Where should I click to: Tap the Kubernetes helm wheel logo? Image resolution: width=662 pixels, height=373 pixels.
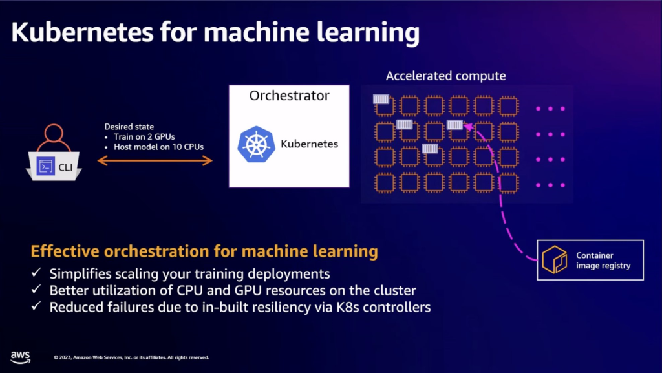pyautogui.click(x=256, y=144)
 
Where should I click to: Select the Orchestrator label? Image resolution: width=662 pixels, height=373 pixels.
pyautogui.click(x=289, y=96)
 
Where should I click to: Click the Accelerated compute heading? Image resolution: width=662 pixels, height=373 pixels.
pyautogui.click(x=445, y=76)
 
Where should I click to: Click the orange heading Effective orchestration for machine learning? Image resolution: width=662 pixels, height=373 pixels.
pyautogui.click(x=204, y=251)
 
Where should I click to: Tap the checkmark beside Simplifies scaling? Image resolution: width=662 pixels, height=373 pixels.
pyautogui.click(x=37, y=273)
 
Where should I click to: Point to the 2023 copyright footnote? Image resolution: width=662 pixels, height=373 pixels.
pyautogui.click(x=131, y=357)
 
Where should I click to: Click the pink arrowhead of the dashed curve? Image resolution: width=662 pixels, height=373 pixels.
pyautogui.click(x=469, y=126)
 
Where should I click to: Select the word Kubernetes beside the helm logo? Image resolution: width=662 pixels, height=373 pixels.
pyautogui.click(x=309, y=144)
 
